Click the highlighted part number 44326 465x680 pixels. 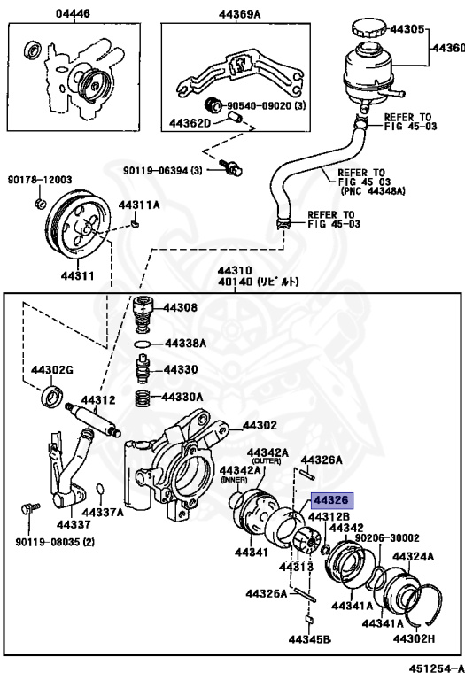coord(330,501)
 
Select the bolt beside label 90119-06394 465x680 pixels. coord(232,168)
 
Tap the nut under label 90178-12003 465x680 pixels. coord(40,205)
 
